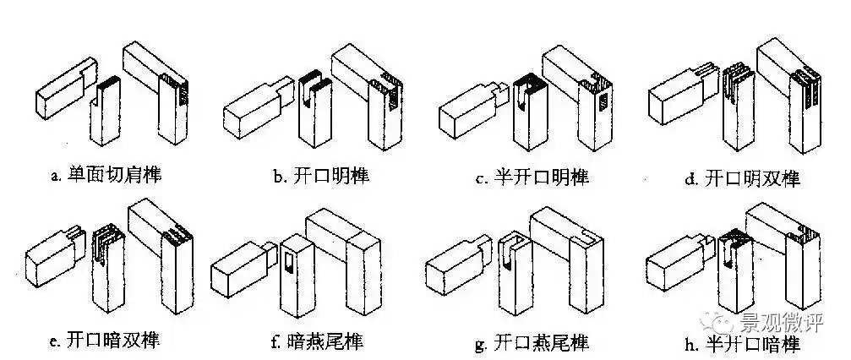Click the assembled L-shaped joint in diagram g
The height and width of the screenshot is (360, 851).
point(575,254)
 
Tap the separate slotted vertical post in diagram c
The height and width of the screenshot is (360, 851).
point(525,118)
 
